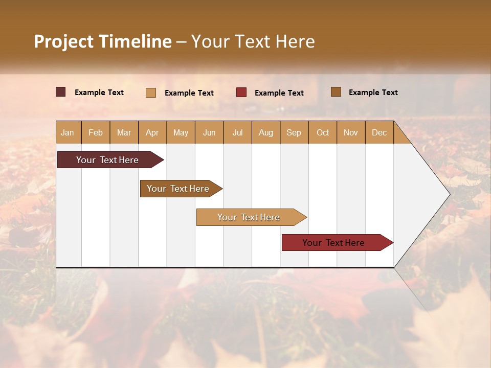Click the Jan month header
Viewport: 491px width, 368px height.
point(68,132)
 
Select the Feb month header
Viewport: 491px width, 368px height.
point(96,132)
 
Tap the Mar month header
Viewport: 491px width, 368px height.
point(124,132)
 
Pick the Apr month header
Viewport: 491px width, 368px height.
point(152,132)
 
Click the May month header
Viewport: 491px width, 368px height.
point(181,132)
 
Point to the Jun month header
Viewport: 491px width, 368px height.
point(209,132)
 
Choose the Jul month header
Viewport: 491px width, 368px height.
point(237,132)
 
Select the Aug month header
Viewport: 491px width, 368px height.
point(265,132)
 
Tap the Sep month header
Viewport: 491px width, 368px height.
point(294,132)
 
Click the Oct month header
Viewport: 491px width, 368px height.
point(323,132)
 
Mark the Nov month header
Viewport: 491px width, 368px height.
point(351,132)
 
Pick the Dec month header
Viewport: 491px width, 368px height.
point(379,132)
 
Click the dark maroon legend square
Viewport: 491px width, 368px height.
point(61,92)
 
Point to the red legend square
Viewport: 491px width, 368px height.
point(241,93)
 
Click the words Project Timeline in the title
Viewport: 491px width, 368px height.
point(103,41)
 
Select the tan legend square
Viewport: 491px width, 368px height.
point(151,93)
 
